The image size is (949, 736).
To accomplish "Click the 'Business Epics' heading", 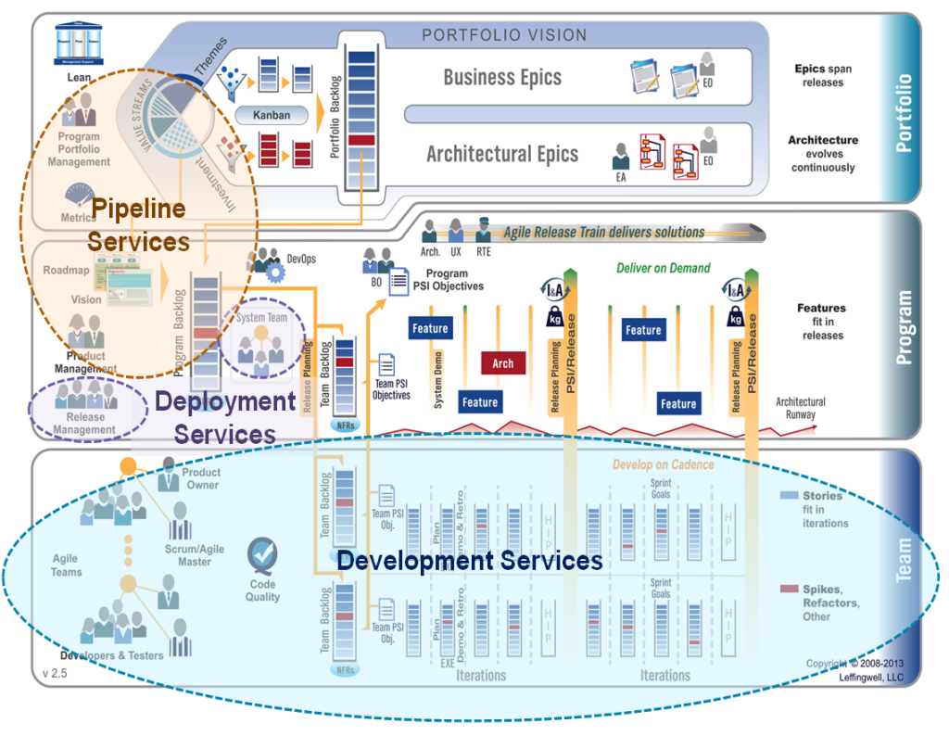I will point(502,77).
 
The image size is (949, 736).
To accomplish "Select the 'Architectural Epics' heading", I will point(502,154).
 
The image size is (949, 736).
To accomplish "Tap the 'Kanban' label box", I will point(271,116).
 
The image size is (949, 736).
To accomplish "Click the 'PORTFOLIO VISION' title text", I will point(504,35).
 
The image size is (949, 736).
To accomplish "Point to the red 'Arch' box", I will point(503,363).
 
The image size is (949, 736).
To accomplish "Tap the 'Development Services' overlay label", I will point(469,560).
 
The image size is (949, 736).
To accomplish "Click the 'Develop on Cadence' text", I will point(663,464).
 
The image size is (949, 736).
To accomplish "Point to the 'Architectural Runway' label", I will point(800,409).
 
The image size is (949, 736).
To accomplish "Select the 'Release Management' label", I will point(84,424).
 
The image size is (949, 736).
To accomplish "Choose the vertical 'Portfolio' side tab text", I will point(904,113).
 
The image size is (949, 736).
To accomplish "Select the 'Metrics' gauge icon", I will point(80,196).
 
